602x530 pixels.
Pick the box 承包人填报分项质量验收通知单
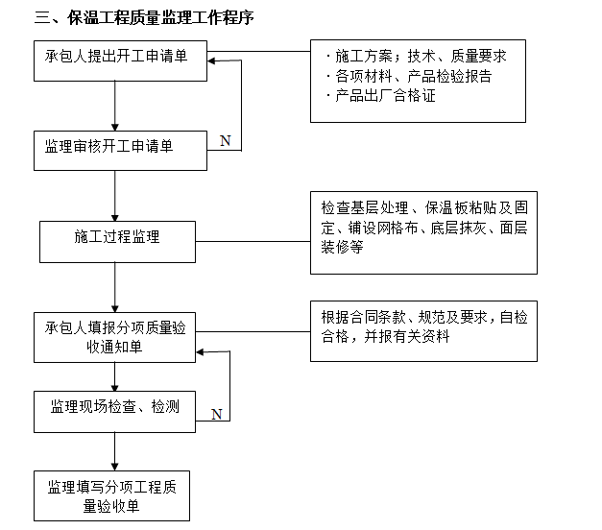pyautogui.click(x=115, y=337)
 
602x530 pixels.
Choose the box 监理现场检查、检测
pyautogui.click(x=115, y=408)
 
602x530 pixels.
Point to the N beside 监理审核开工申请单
pyautogui.click(x=225, y=141)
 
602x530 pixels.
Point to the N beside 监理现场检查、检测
pyautogui.click(x=216, y=414)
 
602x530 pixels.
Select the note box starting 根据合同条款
pyautogui.click(x=423, y=332)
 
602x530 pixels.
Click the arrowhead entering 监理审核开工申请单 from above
pyautogui.click(x=115, y=125)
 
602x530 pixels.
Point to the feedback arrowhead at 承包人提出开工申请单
pyautogui.click(x=214, y=62)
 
